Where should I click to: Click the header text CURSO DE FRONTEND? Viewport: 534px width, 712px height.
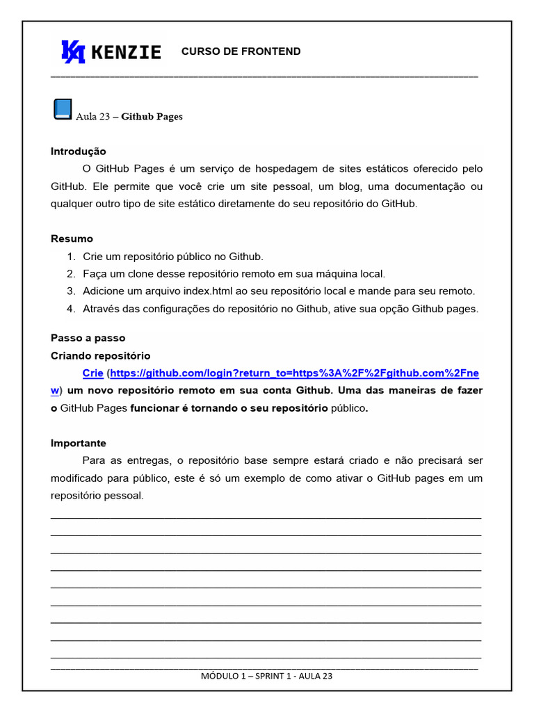coord(241,51)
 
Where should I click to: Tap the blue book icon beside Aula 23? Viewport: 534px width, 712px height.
coord(63,109)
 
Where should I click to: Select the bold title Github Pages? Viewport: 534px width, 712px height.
coord(152,117)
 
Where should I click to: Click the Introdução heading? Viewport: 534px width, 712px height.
coord(79,152)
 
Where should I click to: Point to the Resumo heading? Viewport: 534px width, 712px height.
coord(72,239)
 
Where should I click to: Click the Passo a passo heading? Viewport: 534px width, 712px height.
coord(88,339)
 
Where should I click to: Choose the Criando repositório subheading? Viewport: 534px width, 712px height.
coord(100,356)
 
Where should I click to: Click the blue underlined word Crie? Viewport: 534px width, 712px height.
coord(92,373)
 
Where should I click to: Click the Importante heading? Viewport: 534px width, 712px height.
coord(79,444)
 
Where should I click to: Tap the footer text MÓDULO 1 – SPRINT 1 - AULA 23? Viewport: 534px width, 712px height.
coord(267,676)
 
